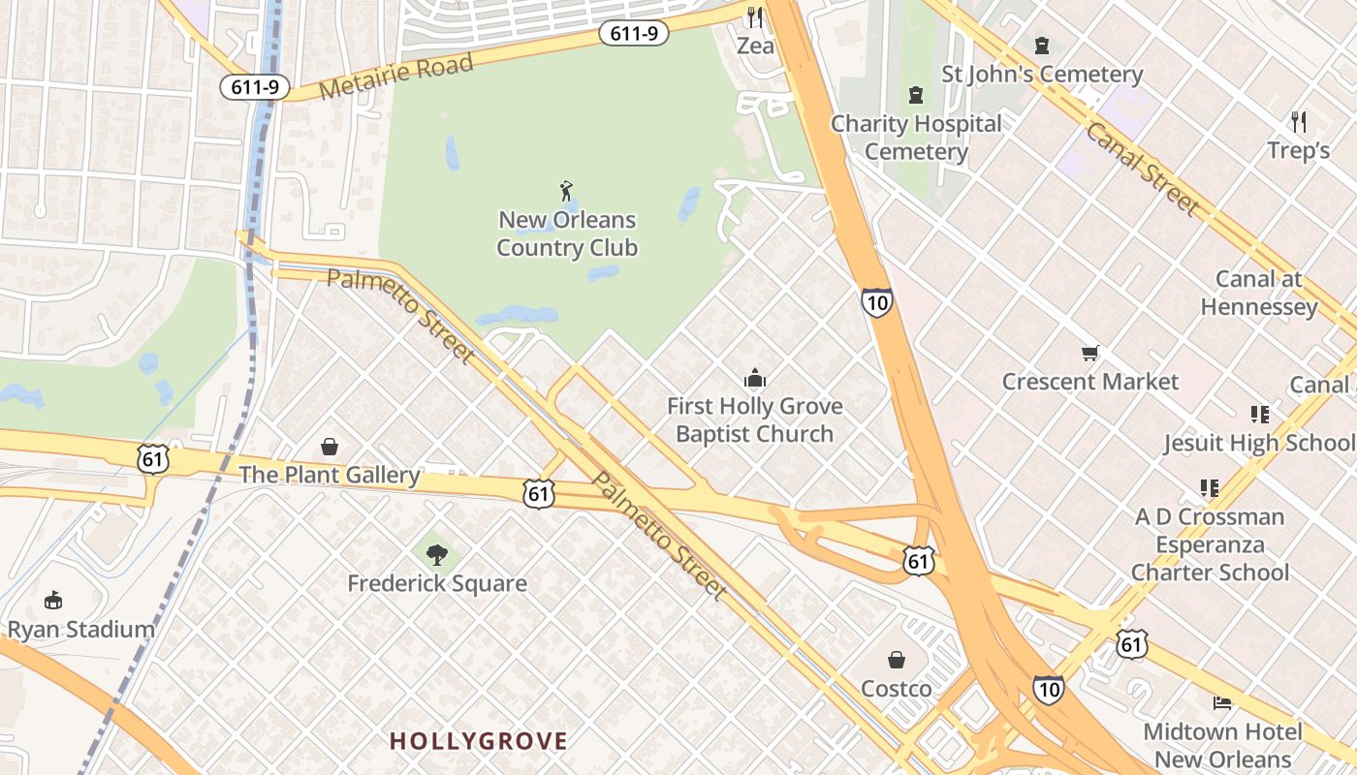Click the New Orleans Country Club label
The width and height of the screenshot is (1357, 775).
click(x=567, y=234)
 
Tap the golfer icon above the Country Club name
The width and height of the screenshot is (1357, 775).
click(x=566, y=191)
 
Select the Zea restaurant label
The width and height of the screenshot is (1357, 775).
click(x=755, y=46)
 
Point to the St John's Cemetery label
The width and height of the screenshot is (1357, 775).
click(x=1042, y=75)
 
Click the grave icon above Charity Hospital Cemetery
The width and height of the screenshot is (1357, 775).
click(x=915, y=95)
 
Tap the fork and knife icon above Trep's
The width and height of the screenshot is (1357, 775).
click(x=1299, y=122)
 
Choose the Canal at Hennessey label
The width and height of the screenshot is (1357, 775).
click(x=1258, y=293)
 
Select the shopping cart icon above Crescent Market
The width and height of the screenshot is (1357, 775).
click(x=1090, y=353)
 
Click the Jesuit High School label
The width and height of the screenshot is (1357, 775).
click(x=1259, y=443)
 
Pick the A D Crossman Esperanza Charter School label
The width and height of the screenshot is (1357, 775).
click(x=1210, y=544)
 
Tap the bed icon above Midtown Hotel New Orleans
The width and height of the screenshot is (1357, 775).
click(x=1222, y=702)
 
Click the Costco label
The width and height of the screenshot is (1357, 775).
click(x=897, y=689)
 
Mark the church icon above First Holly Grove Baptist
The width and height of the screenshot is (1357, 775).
click(x=754, y=379)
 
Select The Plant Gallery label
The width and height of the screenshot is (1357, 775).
click(x=330, y=475)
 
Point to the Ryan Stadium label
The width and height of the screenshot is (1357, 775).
click(x=80, y=630)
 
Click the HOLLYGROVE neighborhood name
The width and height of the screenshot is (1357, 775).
click(x=478, y=742)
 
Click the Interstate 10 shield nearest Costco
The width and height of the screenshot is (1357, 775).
click(x=1047, y=689)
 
